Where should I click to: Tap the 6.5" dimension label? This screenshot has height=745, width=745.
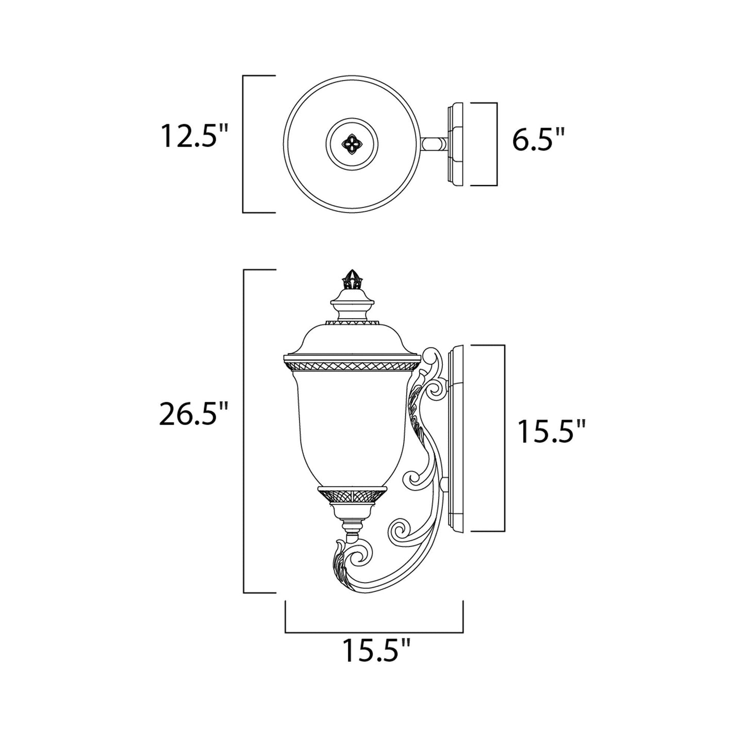click(x=538, y=140)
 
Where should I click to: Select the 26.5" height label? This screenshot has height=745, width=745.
click(x=193, y=414)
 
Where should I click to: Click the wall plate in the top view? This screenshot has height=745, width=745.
click(x=456, y=144)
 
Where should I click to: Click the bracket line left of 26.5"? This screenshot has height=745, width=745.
click(x=244, y=431)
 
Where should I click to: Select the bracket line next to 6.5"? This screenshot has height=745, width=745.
click(x=496, y=144)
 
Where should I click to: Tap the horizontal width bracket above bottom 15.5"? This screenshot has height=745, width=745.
click(x=374, y=632)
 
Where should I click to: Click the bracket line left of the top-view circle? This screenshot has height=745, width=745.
click(x=243, y=144)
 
